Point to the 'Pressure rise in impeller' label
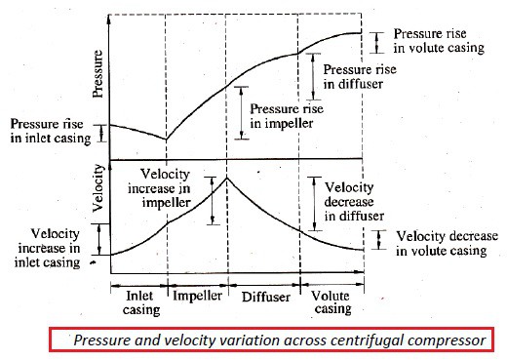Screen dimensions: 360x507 pos(288,116)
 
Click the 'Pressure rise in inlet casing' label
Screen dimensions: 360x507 pos(49,131)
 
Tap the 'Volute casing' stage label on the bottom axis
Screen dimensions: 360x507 pos(333,300)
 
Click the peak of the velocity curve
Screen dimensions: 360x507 pos(226,177)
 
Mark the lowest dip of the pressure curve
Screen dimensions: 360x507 pos(165,140)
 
